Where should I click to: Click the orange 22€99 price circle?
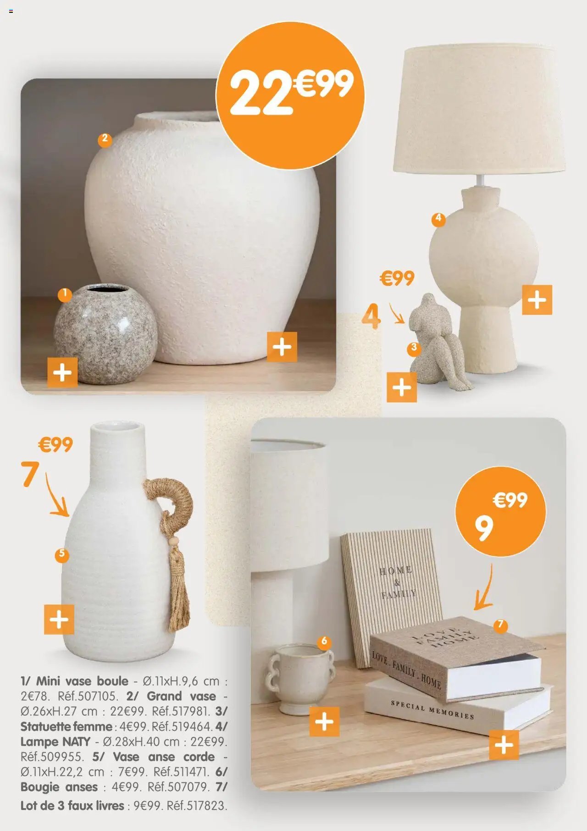click(x=290, y=95)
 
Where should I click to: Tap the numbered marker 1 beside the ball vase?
click(x=65, y=295)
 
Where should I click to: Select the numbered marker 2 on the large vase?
click(x=105, y=139)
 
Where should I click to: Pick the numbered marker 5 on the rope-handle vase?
click(x=61, y=555)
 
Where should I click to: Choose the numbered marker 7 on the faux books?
click(x=500, y=625)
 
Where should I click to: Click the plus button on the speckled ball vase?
click(x=62, y=372)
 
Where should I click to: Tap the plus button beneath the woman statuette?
click(x=402, y=387)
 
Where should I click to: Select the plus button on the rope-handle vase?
click(x=59, y=620)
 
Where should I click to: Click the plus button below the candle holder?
click(x=324, y=722)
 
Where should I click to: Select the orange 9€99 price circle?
click(x=500, y=512)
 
